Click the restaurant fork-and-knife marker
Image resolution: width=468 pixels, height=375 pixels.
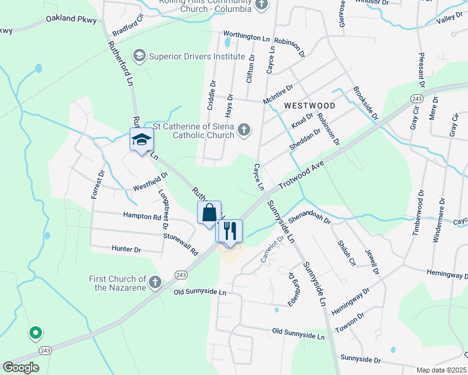tap(229, 231)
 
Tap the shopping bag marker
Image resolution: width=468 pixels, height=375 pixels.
tap(209, 212)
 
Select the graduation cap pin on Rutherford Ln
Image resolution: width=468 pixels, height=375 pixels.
tap(141, 139)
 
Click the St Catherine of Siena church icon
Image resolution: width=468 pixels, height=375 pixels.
tap(245, 130)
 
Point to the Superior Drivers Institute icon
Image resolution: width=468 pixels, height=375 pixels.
tap(139, 56)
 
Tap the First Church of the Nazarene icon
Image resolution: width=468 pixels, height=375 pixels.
tap(156, 282)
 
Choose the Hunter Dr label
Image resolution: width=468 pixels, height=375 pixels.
tap(127, 249)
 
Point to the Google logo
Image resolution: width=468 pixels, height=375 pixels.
tap(21, 367)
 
